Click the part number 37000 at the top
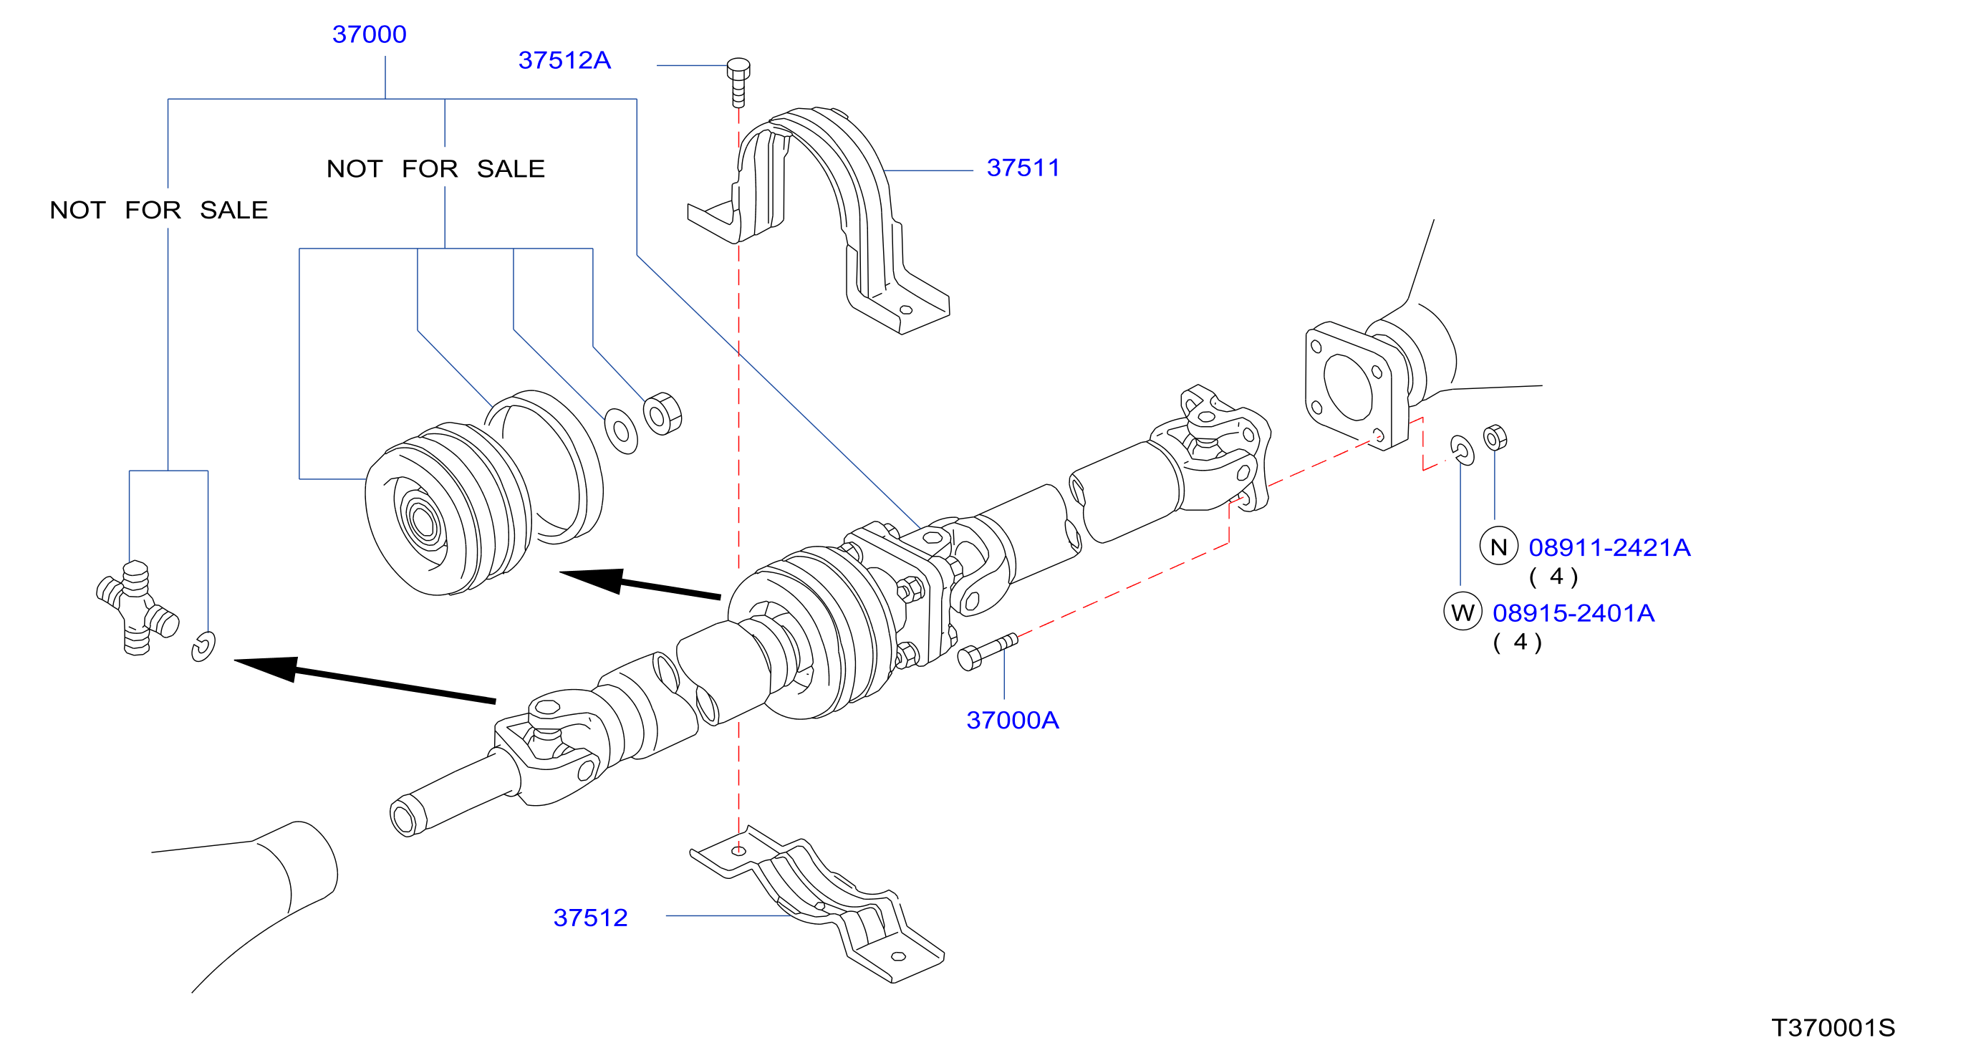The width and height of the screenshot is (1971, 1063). tap(369, 34)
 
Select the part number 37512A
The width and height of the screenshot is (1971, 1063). tap(564, 60)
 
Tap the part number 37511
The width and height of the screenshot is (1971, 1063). tap(1023, 168)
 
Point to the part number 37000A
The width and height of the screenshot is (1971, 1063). tap(1012, 720)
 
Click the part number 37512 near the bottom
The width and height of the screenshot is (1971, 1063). tap(590, 918)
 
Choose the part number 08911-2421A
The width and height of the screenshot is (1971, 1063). tap(1609, 547)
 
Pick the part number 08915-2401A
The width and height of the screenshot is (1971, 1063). tap(1573, 613)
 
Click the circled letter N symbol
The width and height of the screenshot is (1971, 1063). tap(1499, 547)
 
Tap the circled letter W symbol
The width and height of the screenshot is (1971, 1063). tap(1462, 612)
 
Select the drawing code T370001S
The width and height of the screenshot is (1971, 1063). tap(1833, 1028)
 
